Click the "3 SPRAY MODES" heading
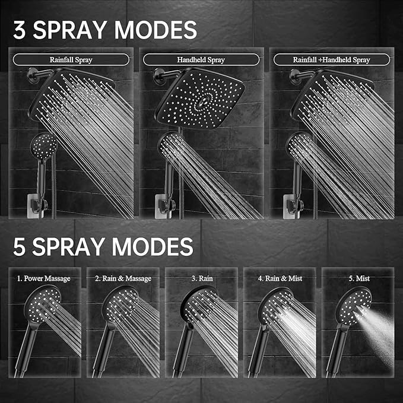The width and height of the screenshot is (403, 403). (104, 29)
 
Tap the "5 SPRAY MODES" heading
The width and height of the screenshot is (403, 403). (102, 246)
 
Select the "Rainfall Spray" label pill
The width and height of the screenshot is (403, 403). (71, 59)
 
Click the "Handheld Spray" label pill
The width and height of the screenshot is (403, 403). (201, 59)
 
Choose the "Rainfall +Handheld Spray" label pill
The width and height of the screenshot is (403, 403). (331, 59)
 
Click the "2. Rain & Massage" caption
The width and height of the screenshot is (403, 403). (123, 278)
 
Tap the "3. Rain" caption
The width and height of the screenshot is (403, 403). (201, 278)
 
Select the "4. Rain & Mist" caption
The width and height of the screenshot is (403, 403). (280, 278)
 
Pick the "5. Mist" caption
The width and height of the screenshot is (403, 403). (357, 278)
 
